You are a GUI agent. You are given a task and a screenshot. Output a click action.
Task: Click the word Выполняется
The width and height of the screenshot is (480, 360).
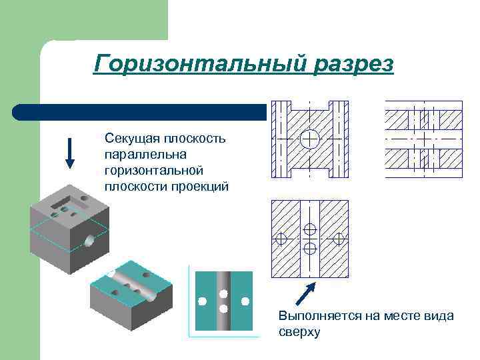[319, 315]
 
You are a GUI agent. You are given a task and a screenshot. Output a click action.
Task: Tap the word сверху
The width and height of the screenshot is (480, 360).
[299, 331]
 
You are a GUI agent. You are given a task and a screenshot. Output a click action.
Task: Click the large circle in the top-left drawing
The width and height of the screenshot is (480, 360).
[310, 139]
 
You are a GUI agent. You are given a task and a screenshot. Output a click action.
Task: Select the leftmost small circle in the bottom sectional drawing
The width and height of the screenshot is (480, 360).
[281, 238]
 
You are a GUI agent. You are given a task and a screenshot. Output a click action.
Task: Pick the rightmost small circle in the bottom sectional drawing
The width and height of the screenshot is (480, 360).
[339, 238]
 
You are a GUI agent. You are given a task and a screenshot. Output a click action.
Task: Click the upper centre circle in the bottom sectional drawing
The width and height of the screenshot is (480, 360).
[310, 229]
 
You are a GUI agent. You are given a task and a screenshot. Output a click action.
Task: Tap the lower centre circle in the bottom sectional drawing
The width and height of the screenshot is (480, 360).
[310, 247]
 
